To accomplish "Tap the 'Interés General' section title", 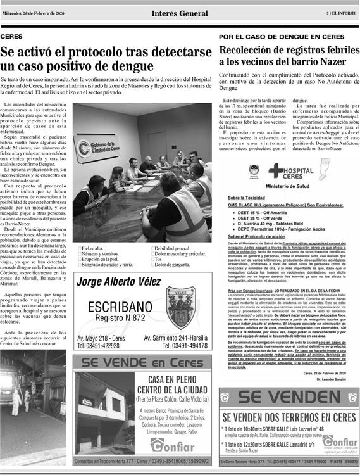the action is pos(180,13).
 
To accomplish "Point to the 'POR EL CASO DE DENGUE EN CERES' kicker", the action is pos(282,37).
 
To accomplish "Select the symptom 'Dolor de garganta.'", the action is pos(171,264).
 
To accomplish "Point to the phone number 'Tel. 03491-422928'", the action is pos(98,346).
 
